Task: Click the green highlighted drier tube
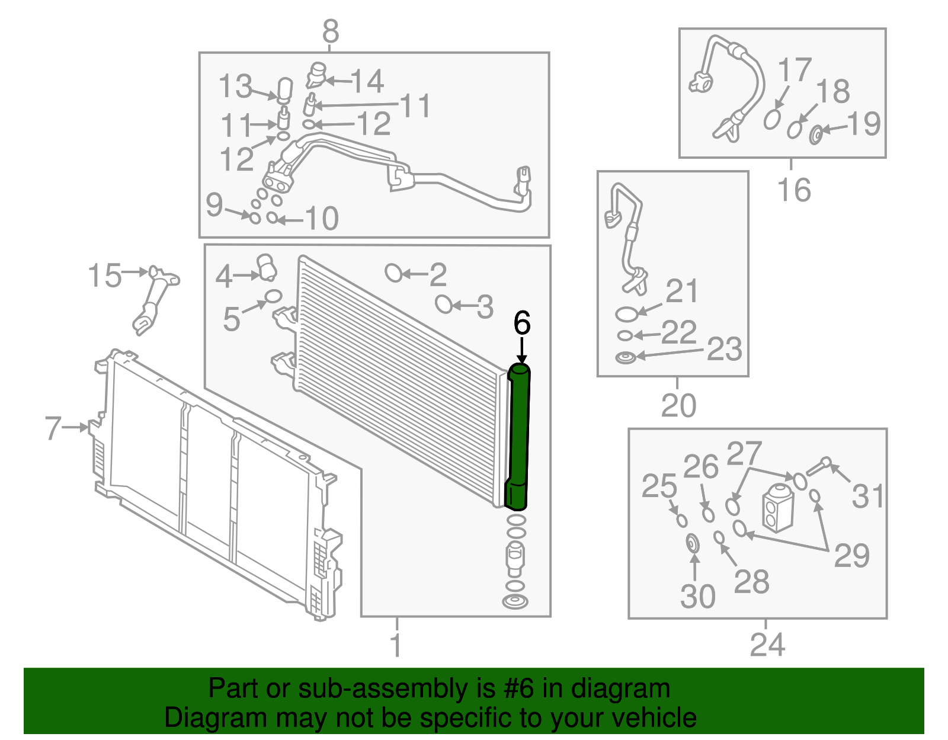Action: [518, 436]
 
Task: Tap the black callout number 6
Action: [522, 323]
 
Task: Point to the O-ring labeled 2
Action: [394, 273]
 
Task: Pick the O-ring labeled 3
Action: [444, 304]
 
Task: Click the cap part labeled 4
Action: [267, 267]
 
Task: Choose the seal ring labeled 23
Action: [625, 358]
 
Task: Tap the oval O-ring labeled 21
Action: [626, 314]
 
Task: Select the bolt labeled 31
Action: [818, 466]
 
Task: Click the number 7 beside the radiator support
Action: [53, 428]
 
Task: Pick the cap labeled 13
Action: [285, 91]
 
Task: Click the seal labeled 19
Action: [815, 135]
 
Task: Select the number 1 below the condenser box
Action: [396, 645]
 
